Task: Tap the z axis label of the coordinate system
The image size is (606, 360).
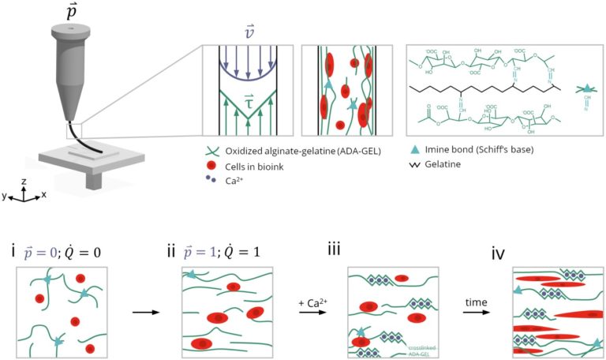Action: [24, 180]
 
